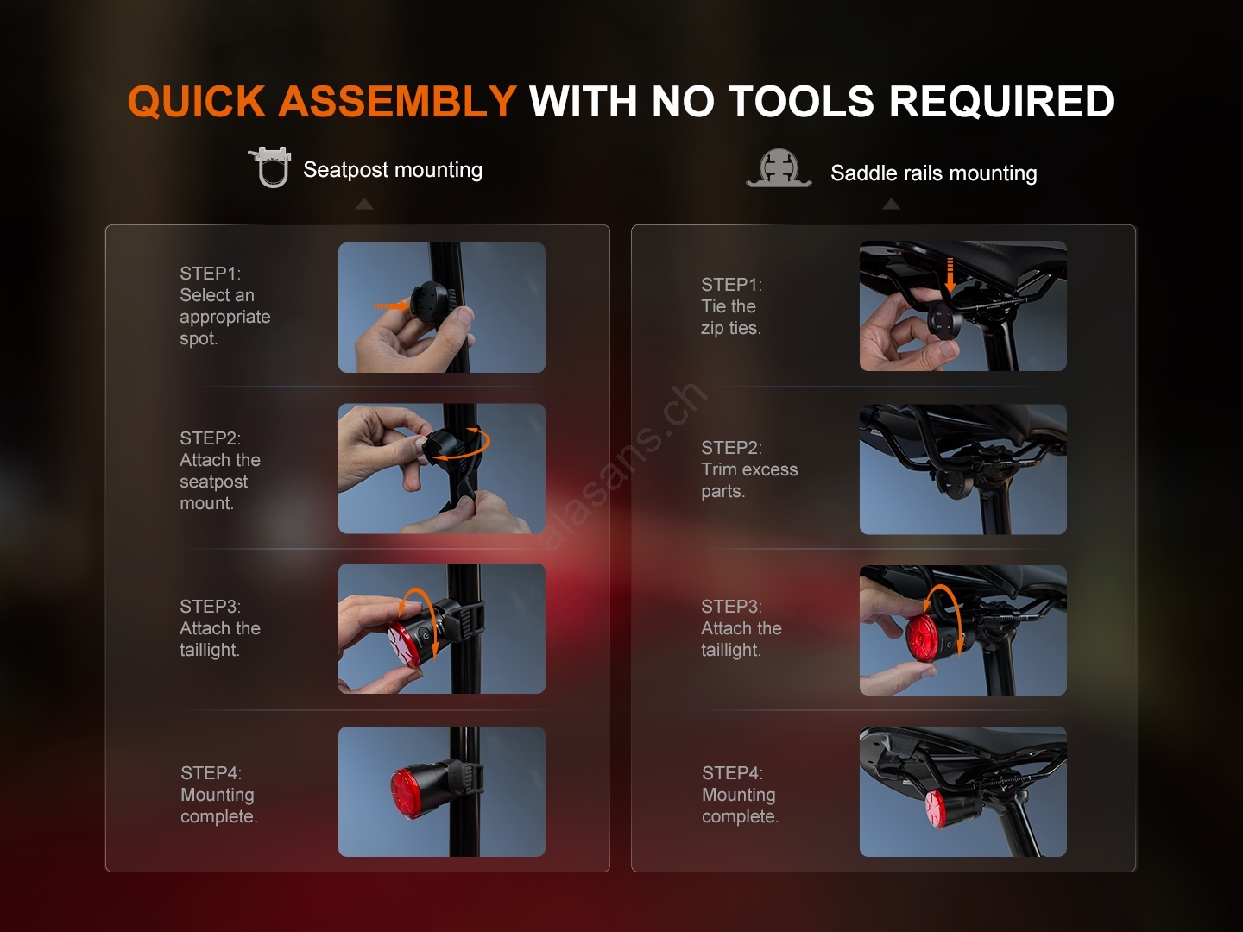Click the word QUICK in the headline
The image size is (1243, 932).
(197, 102)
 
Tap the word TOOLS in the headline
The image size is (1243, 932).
(801, 102)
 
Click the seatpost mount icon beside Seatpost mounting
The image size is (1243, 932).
(270, 167)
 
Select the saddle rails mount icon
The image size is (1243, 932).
(779, 168)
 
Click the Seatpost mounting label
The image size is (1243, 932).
(393, 170)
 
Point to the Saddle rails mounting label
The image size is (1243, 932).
(934, 173)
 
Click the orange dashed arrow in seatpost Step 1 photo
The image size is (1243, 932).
(391, 306)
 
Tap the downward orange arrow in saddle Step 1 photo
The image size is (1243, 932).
(950, 275)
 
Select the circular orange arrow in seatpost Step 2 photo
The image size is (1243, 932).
(460, 444)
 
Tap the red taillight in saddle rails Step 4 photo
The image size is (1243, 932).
(936, 809)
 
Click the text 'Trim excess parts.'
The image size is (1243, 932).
(749, 480)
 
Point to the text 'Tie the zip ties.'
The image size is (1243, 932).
(730, 317)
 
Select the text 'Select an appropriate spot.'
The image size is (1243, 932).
(224, 317)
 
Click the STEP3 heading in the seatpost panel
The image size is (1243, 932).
(210, 606)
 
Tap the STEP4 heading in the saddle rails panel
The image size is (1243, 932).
(732, 772)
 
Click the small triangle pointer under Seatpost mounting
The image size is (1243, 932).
(364, 204)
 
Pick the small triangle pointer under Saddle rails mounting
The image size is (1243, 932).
(891, 204)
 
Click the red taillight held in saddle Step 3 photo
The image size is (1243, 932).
(923, 639)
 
